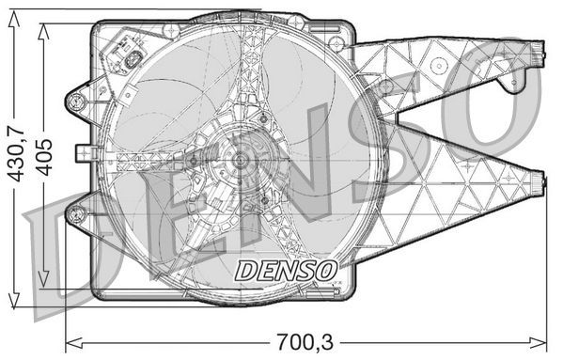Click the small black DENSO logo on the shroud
(x=286, y=270)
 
